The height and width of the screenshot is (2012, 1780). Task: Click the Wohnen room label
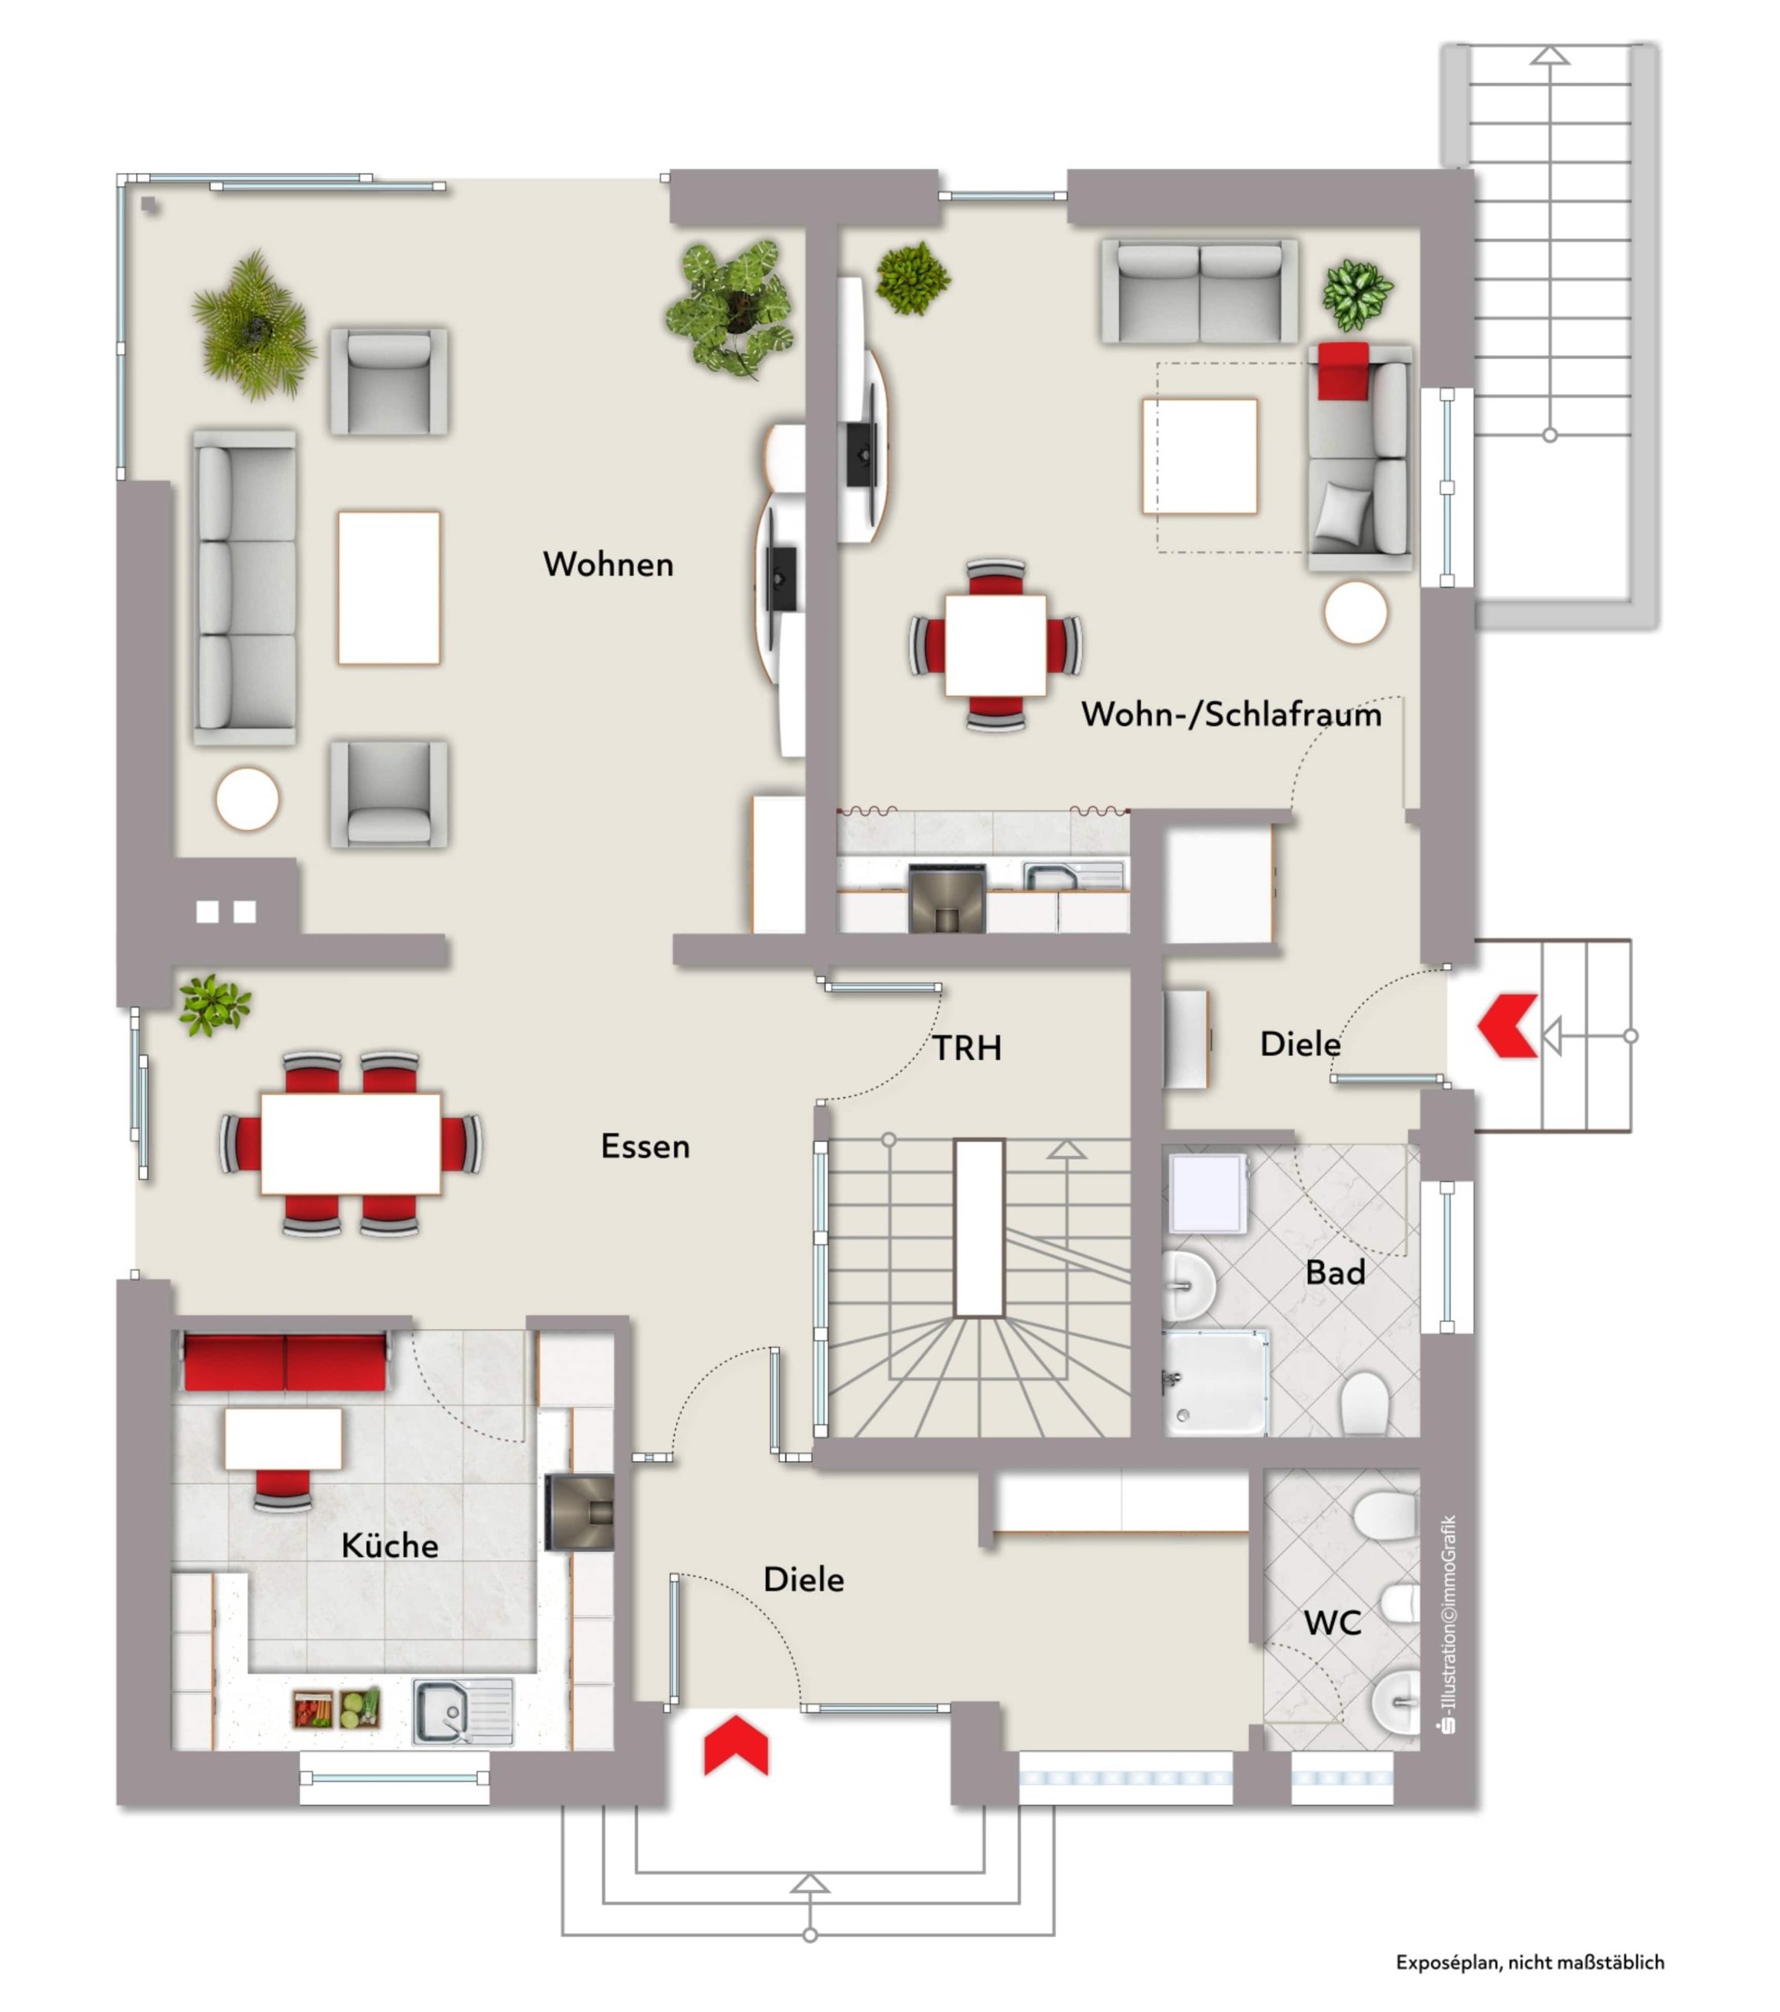click(x=608, y=564)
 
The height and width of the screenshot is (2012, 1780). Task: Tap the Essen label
click(x=645, y=1146)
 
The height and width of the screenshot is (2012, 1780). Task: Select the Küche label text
click(x=390, y=1544)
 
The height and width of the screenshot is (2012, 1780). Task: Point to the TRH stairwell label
click(x=967, y=1048)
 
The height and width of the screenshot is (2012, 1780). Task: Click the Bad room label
click(x=1335, y=1272)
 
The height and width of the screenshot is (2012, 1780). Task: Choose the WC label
click(x=1332, y=1623)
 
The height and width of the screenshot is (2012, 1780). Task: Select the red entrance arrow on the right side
click(x=1507, y=1026)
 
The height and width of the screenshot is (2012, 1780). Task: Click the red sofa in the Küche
click(x=285, y=1362)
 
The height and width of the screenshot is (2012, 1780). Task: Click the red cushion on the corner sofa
click(x=1343, y=370)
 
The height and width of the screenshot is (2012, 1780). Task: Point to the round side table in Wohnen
click(x=247, y=799)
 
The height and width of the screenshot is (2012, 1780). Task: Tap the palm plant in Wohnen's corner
click(x=253, y=326)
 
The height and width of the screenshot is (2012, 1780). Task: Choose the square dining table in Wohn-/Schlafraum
click(x=995, y=644)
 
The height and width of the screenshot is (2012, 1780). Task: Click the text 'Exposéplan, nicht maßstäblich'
click(x=1530, y=1962)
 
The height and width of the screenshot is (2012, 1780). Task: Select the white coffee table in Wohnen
click(x=389, y=588)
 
